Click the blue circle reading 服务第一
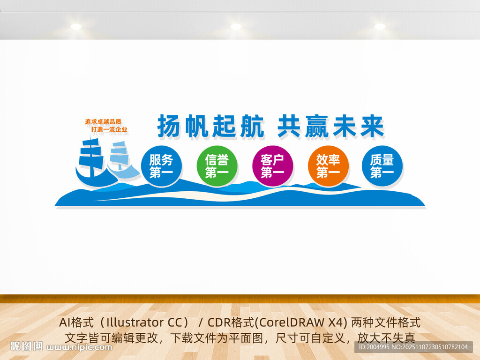161,166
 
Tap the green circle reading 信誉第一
217,166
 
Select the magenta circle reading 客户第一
272,166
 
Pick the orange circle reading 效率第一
328,166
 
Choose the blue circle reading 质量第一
382,166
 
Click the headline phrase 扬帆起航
210,126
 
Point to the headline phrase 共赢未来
330,126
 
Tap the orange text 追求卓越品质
103,122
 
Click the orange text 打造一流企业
109,129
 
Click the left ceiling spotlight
76,27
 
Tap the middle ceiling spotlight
236,27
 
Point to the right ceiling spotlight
380,27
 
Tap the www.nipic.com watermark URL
80,347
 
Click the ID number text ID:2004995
374,347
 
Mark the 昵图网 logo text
26,347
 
